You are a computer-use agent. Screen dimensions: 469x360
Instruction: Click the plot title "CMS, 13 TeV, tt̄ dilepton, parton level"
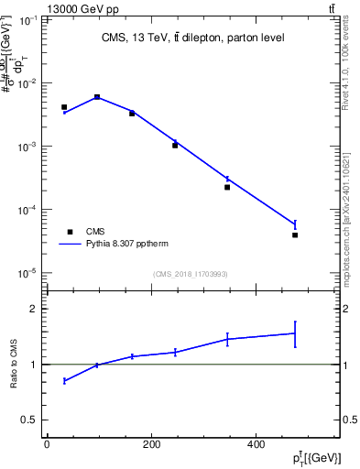coord(191,38)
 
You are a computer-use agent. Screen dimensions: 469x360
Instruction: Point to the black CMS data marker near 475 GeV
coord(295,235)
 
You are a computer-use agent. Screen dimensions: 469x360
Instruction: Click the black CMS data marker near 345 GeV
coord(227,187)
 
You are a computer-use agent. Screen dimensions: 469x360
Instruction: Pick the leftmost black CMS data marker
coord(64,107)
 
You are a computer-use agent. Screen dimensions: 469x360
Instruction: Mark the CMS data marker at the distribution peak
coord(97,97)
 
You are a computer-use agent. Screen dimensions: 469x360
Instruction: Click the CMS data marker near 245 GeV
coord(175,145)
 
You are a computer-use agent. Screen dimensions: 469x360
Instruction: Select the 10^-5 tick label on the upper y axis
coord(27,273)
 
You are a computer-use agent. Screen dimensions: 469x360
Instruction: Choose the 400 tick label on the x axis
coord(255,445)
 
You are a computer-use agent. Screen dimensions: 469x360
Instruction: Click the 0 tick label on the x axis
coord(47,445)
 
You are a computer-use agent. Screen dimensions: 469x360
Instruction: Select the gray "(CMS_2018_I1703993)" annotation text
coord(191,273)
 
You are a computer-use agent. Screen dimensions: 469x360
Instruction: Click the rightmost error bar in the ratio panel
coord(295,333)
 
